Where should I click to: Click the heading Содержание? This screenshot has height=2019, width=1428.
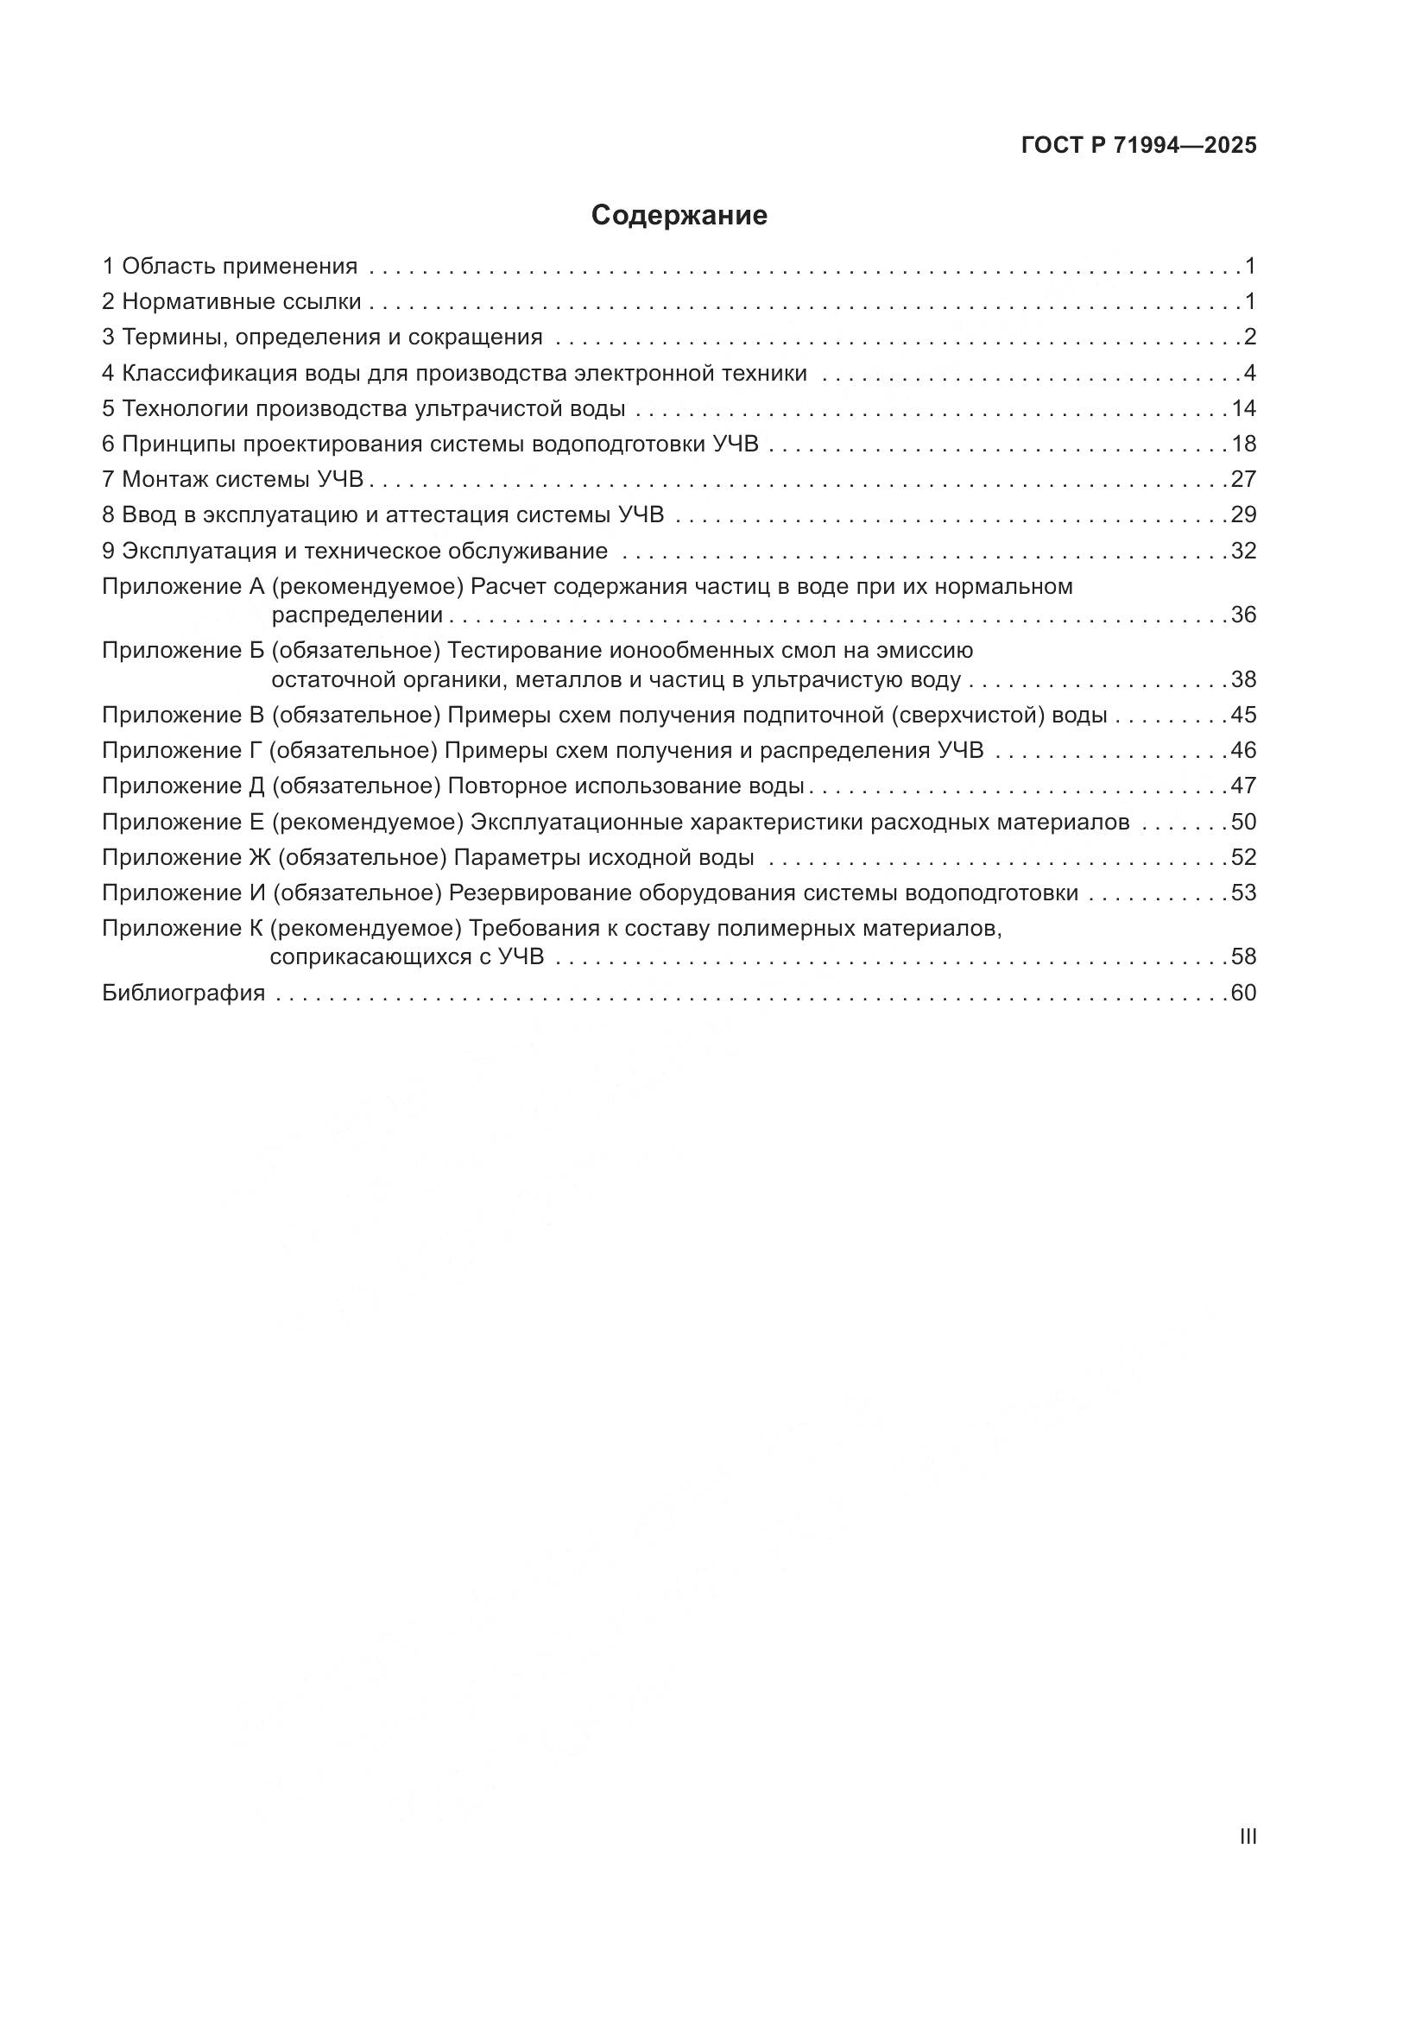[x=679, y=216]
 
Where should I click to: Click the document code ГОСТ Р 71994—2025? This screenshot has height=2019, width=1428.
[x=1139, y=145]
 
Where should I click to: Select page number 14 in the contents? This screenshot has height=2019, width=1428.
[x=1243, y=408]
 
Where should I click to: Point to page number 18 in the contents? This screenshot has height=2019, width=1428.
[x=1243, y=444]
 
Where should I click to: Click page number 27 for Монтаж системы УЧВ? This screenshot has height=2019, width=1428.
[x=1243, y=479]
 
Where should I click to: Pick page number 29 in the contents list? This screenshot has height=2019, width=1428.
[x=1243, y=514]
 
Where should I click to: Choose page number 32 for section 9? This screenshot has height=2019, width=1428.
[x=1243, y=551]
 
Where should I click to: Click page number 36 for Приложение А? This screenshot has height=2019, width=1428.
[x=1243, y=615]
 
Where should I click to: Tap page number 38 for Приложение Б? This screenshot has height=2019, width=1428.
[x=1243, y=679]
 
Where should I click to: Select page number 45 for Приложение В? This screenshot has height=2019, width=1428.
[x=1243, y=715]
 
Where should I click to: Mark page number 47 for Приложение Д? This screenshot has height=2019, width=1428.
[x=1243, y=786]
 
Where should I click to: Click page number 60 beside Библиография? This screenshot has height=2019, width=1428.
[x=1243, y=993]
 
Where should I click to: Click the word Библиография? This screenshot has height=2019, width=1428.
[x=184, y=993]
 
